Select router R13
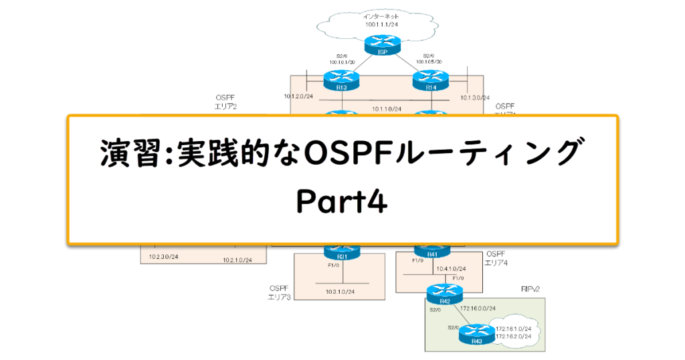342,82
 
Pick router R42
442,292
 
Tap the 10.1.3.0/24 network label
475,98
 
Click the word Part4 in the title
342,201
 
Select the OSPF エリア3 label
278,292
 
